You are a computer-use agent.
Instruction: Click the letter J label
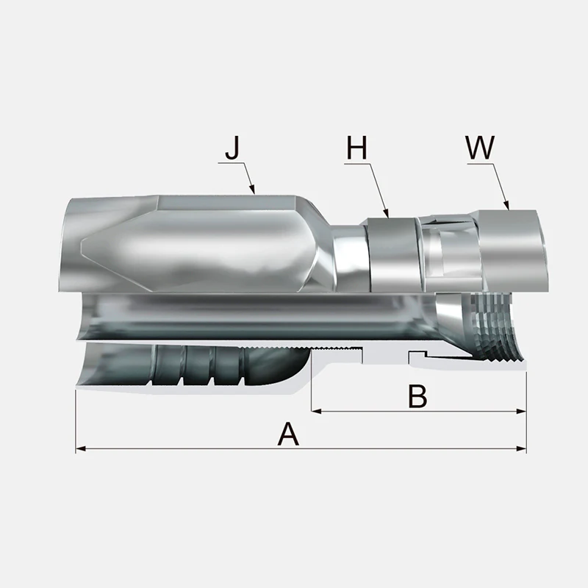(232, 148)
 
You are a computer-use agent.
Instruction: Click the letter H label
(356, 148)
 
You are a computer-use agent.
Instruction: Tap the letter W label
(480, 148)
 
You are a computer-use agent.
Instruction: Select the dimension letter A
(288, 434)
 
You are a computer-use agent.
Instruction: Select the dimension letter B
(417, 396)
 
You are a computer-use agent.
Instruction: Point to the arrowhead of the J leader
(253, 190)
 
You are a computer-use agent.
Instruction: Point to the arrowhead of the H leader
(387, 213)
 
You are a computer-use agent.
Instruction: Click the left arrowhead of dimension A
(81, 448)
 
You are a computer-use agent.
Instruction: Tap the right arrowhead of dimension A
(521, 448)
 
